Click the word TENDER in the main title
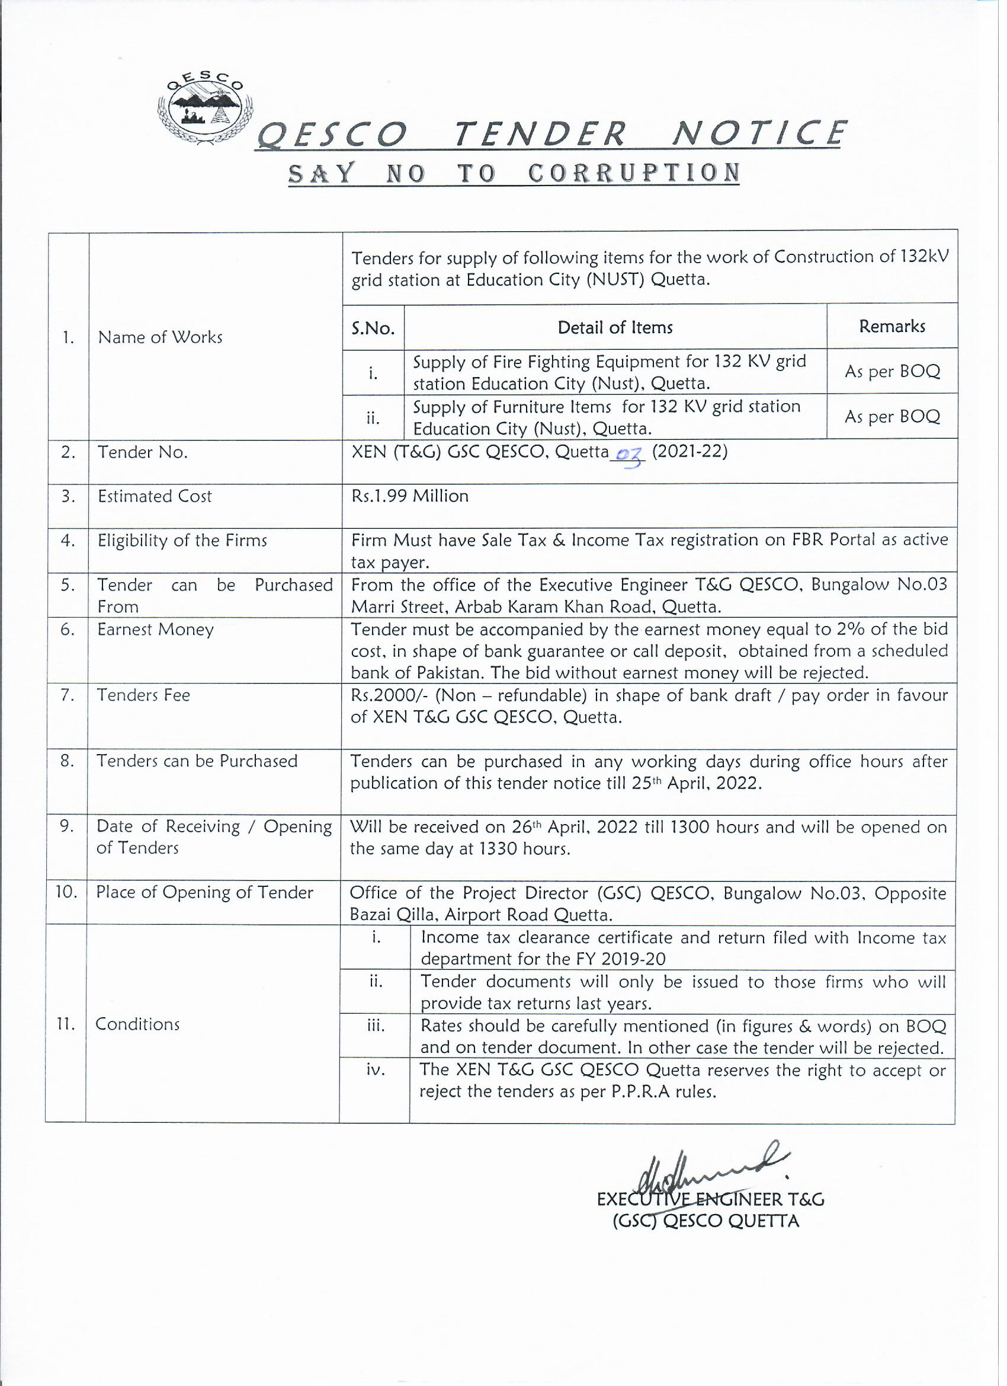540,134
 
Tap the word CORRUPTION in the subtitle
634,174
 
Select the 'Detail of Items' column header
615,328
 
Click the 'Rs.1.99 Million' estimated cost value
410,496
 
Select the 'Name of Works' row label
160,337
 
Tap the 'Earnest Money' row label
155,630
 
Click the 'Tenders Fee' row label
143,695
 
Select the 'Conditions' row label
137,1024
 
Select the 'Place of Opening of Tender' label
204,893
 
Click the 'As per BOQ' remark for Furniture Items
892,417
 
